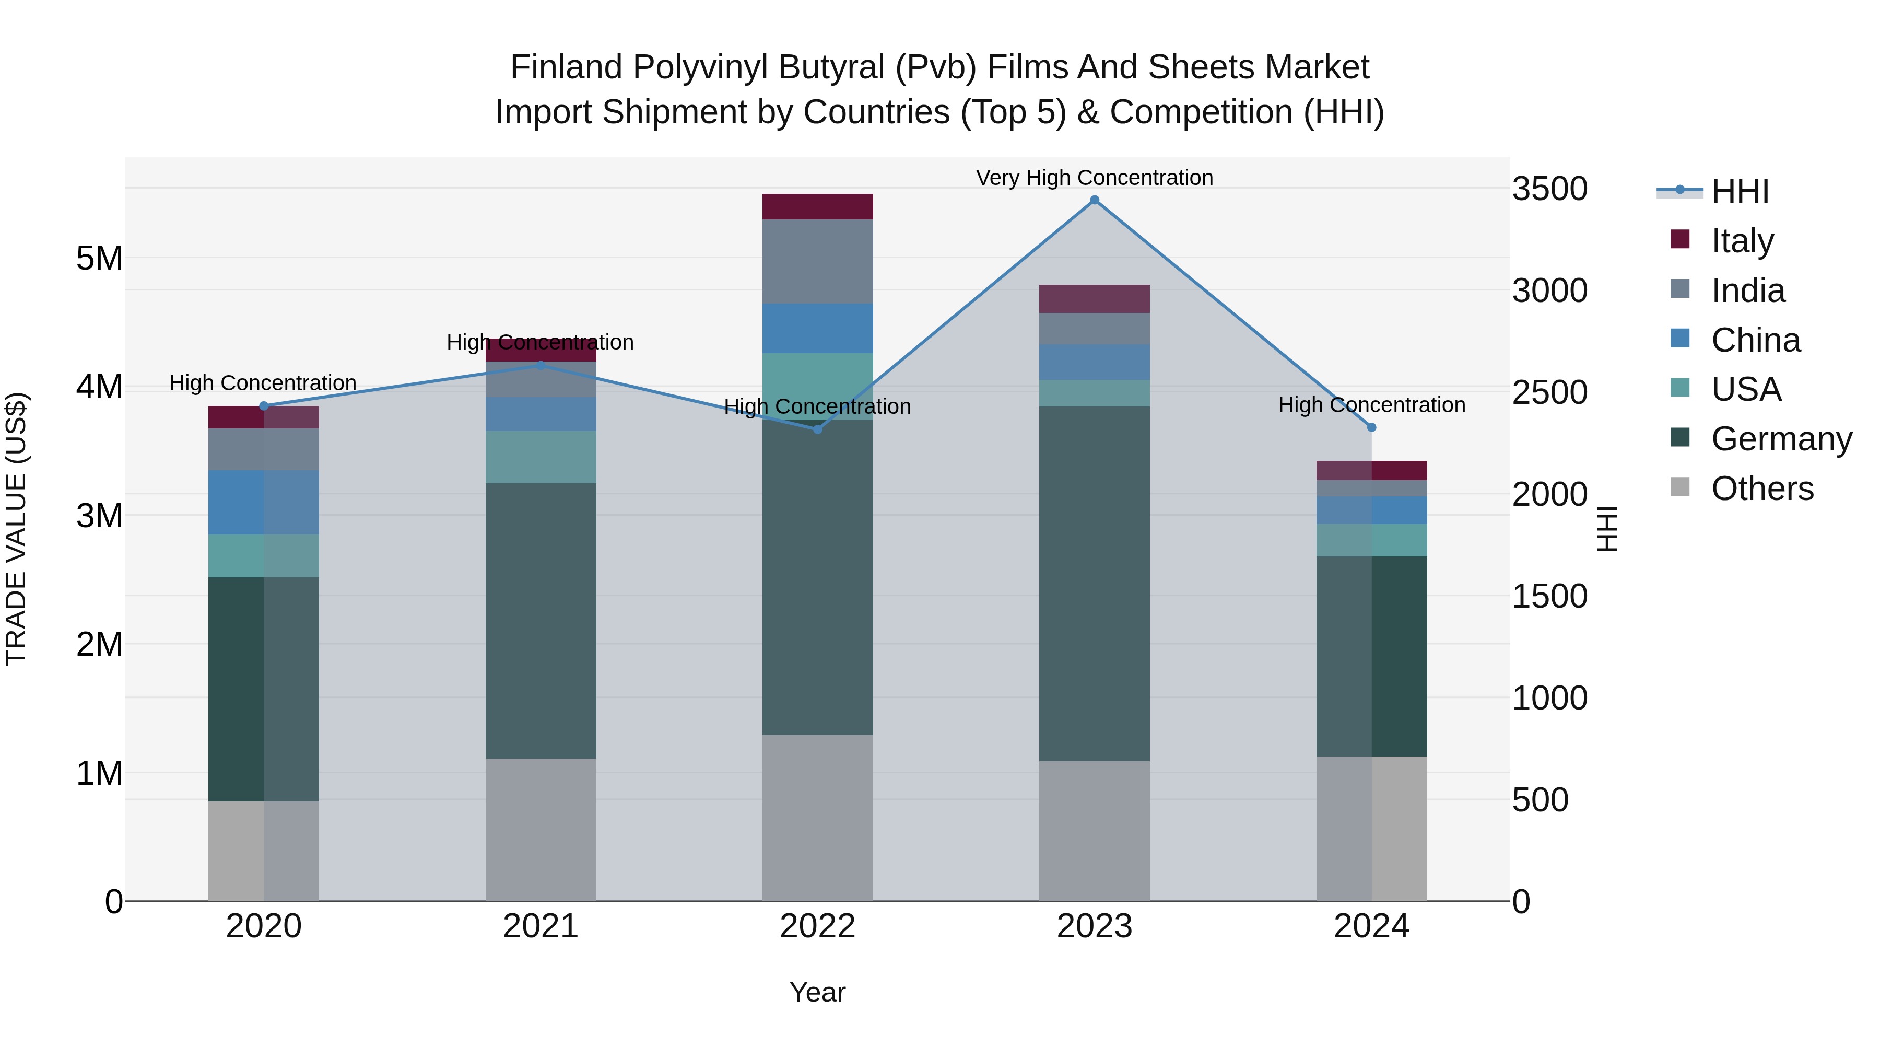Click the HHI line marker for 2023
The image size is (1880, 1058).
[1094, 200]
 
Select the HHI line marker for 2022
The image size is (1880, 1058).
[817, 429]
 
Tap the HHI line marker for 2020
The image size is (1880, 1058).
[264, 406]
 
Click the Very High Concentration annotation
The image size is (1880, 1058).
[1094, 178]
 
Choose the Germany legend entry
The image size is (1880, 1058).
[1781, 439]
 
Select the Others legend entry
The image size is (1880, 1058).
[1762, 489]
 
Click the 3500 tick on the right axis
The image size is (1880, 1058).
[1549, 189]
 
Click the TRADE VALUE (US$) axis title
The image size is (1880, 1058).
[16, 529]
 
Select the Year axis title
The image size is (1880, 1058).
[817, 992]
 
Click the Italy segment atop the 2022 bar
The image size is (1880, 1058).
[817, 206]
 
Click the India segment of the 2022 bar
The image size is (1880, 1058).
[817, 261]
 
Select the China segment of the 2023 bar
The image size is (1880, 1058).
[1094, 362]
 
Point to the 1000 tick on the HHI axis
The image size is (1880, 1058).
[1549, 699]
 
